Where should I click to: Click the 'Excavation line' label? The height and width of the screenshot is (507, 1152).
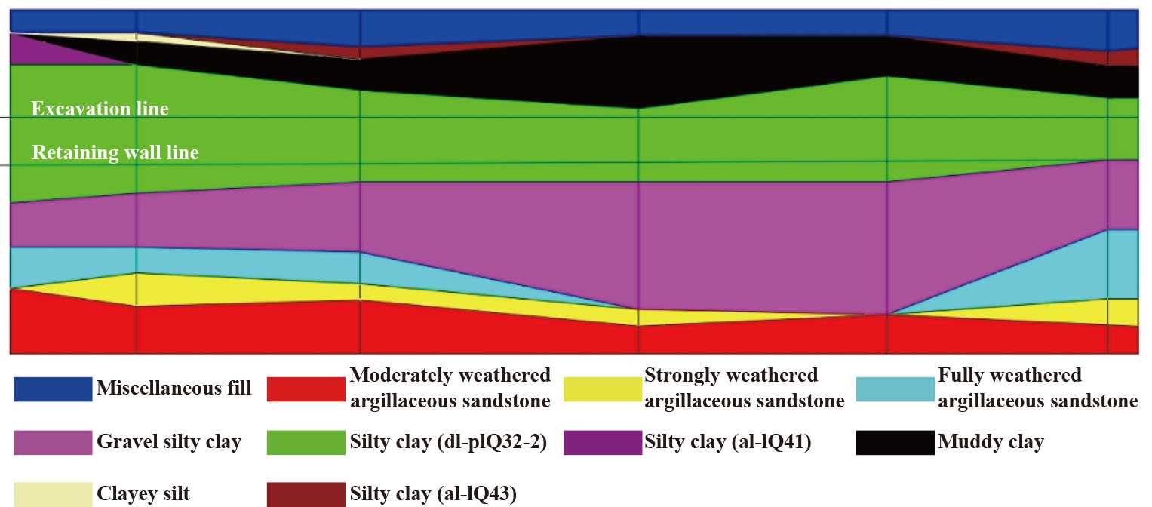pos(100,109)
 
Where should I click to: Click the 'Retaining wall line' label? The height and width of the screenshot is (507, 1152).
pos(115,153)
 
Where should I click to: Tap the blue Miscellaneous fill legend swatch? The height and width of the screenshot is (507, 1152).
pos(53,389)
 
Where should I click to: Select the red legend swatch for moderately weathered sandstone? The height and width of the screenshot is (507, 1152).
pos(306,389)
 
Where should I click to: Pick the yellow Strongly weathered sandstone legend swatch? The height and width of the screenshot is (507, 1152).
pos(601,389)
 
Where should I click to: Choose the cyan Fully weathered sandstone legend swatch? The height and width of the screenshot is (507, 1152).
pos(895,389)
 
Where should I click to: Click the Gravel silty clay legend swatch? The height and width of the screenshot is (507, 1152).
pos(53,443)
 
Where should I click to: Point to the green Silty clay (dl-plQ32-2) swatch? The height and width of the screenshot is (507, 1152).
pos(306,443)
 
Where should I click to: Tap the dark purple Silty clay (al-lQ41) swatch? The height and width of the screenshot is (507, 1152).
pos(601,443)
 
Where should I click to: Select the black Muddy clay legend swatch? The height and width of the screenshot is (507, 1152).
pos(895,443)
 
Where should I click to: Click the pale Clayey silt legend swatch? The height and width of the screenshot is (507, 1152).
pos(53,494)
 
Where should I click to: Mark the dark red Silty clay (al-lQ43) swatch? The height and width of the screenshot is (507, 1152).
pos(306,494)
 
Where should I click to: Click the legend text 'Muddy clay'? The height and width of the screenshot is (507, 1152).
pos(990,442)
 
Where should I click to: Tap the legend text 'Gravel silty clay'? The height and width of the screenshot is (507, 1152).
pos(169,442)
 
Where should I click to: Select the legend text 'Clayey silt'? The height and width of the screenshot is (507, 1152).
pos(143,494)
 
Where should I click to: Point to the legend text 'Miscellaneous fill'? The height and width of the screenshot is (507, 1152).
pos(174,389)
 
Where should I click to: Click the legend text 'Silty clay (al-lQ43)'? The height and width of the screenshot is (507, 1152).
pos(433,494)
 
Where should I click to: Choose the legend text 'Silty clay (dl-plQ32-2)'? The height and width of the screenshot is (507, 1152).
pos(448,442)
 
